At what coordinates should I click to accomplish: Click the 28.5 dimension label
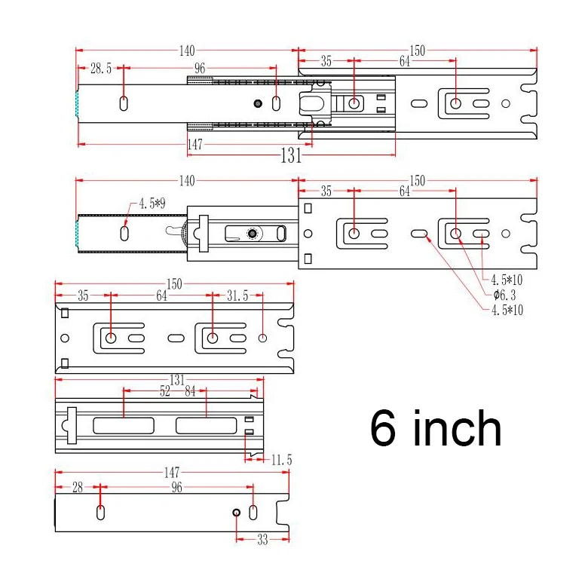(101, 69)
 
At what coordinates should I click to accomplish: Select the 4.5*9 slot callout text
(152, 204)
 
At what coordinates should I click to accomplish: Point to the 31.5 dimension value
(237, 296)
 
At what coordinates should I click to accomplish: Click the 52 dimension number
(164, 391)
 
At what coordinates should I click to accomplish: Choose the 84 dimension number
(190, 391)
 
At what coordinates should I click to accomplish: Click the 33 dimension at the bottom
(262, 540)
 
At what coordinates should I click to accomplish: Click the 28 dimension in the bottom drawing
(77, 488)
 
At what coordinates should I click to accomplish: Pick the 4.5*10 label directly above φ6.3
(507, 280)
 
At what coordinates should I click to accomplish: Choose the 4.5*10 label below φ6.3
(507, 310)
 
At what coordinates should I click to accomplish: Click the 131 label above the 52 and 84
(176, 381)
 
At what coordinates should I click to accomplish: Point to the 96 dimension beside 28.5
(200, 69)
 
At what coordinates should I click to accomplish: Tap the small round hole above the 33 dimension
(237, 513)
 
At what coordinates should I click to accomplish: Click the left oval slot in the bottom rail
(100, 513)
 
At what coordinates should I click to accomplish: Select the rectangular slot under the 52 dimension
(123, 425)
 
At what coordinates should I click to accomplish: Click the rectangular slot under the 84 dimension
(206, 425)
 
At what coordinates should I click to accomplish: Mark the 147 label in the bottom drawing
(172, 473)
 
